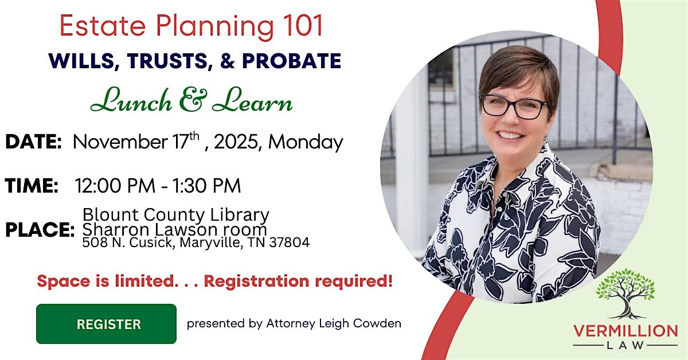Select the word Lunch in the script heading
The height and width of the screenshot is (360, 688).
(131, 101)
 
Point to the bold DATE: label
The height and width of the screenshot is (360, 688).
(33, 142)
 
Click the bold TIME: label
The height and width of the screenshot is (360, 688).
(32, 186)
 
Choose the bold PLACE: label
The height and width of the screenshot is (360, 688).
(40, 230)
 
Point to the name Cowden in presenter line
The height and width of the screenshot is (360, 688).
(378, 323)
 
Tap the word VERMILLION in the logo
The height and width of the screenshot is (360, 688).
(625, 331)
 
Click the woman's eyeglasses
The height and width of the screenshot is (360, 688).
(514, 107)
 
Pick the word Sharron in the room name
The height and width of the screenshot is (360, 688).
(110, 229)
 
